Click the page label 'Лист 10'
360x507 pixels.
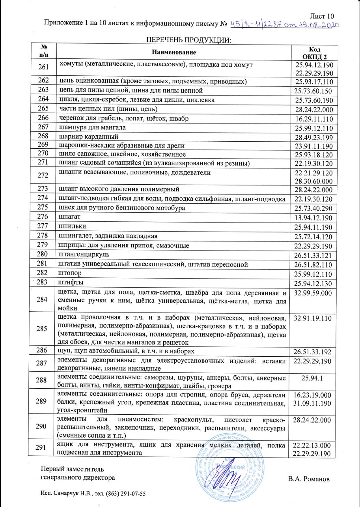point(322,16)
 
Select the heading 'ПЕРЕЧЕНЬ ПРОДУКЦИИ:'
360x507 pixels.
point(188,40)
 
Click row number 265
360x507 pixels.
point(43,109)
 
